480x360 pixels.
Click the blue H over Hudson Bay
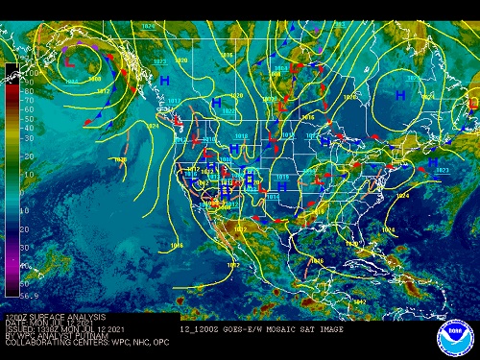[400, 94]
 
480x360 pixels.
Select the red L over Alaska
[68, 60]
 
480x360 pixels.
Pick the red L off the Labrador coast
[471, 102]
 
